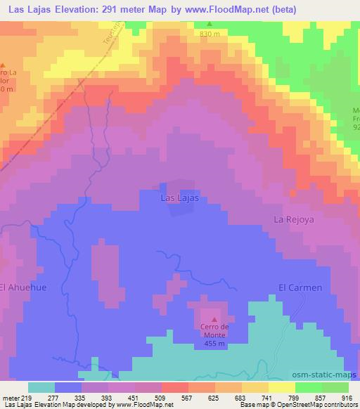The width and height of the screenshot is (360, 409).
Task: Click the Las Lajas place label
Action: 179,199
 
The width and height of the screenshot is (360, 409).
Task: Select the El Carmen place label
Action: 300,287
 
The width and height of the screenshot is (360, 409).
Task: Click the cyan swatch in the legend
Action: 41,387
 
